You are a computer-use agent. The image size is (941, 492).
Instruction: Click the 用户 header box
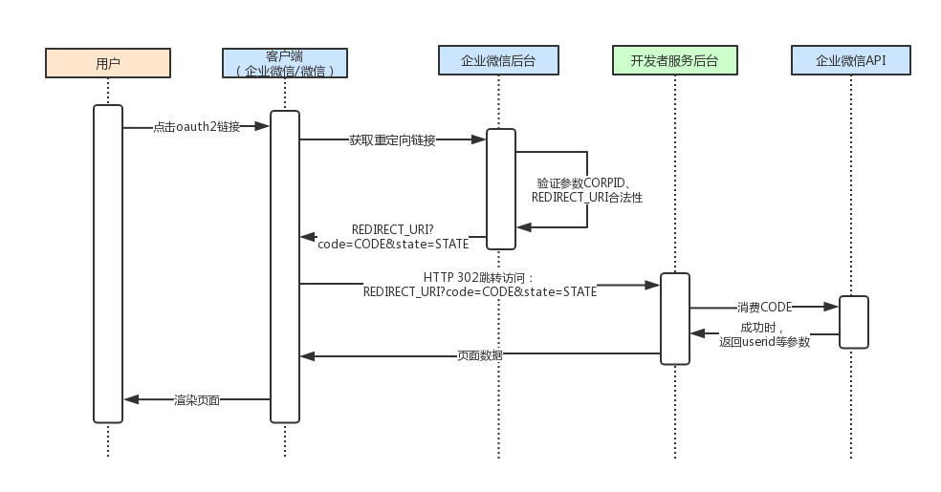108,63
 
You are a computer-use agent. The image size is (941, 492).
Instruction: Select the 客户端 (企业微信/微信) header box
285,63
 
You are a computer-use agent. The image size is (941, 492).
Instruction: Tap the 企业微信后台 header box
498,60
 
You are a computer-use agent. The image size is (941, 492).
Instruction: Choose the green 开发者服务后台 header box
674,60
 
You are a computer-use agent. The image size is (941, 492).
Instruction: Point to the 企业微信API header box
850,60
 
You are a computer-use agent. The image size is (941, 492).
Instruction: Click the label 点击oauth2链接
196,126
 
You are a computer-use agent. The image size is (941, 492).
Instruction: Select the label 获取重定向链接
392,140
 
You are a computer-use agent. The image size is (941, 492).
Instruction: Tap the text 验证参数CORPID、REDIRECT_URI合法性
586,190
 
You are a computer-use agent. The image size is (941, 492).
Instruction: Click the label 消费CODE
764,308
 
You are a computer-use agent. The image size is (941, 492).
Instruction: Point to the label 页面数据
480,355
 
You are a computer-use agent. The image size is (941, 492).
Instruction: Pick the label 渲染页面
197,399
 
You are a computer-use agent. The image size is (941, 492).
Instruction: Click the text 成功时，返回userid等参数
764,334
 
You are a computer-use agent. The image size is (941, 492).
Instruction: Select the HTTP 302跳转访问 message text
480,284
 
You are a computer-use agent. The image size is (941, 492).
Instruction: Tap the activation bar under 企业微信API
854,322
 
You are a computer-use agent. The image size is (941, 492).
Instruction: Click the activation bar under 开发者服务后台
674,318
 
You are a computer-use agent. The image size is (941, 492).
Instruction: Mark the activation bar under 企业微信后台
500,188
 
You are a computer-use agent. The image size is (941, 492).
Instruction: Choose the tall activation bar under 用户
108,263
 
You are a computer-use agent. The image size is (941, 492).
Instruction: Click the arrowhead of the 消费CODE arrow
832,307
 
